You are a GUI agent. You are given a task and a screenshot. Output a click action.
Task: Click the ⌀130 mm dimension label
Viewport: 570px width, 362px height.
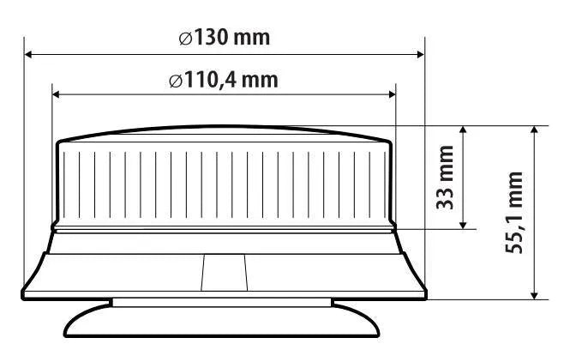click(x=225, y=38)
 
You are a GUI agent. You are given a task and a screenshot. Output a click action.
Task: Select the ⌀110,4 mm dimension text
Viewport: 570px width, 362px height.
click(x=224, y=80)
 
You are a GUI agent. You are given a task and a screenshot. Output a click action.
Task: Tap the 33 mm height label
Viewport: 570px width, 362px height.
click(x=446, y=178)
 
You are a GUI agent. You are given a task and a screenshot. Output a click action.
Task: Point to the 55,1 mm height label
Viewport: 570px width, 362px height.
click(x=514, y=213)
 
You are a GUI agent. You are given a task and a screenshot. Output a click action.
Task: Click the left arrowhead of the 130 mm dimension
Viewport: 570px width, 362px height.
click(x=28, y=55)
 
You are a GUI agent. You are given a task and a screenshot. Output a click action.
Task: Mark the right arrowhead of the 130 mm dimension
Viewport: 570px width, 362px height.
click(x=420, y=55)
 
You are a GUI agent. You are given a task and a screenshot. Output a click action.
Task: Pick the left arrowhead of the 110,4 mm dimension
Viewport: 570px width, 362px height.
click(x=57, y=95)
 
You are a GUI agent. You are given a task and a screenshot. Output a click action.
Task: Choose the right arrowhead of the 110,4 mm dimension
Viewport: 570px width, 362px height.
click(x=392, y=95)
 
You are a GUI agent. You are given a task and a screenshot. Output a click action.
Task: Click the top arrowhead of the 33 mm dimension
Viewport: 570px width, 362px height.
click(x=463, y=130)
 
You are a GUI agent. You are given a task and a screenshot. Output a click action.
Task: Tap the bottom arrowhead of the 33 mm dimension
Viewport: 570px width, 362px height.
click(x=463, y=225)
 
